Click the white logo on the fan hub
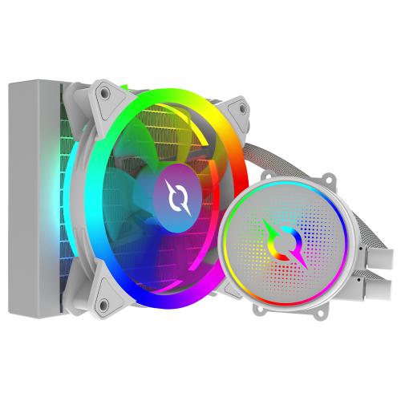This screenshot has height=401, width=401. (x=172, y=196)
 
